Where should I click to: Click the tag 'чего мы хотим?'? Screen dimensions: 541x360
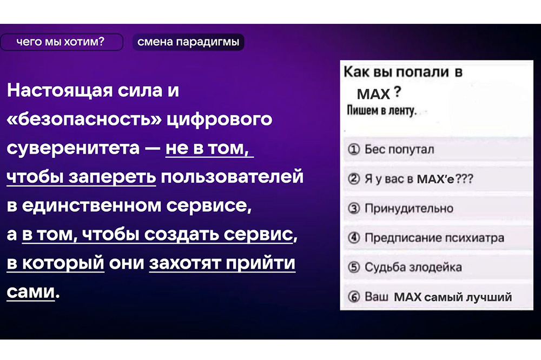click(x=61, y=42)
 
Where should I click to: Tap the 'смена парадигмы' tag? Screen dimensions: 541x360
click(x=188, y=42)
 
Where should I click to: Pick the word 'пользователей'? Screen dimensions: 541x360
click(x=232, y=177)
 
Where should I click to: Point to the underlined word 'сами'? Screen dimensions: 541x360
click(x=31, y=292)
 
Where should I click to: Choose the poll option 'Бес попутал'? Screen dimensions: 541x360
click(x=399, y=150)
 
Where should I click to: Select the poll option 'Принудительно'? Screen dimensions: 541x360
click(x=409, y=208)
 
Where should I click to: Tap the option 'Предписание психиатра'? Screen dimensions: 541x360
click(x=434, y=238)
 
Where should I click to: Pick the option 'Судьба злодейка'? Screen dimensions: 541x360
click(x=413, y=267)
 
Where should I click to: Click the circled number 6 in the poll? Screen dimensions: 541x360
click(x=354, y=297)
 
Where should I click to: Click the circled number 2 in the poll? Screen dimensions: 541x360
click(x=354, y=179)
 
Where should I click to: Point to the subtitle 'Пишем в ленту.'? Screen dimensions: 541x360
click(x=381, y=110)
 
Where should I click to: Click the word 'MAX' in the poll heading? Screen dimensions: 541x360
click(x=373, y=94)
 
